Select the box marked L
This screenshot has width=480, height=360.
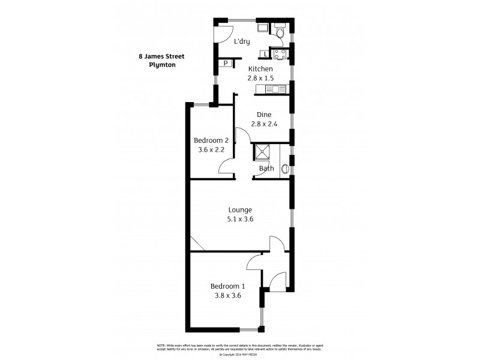[265, 55]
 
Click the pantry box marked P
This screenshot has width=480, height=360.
[225, 63]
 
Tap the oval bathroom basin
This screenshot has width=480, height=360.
[285, 169]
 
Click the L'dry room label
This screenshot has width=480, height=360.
[242, 41]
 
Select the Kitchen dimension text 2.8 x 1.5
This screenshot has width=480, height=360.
[260, 78]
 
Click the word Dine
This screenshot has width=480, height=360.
[264, 115]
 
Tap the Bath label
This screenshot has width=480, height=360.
[266, 169]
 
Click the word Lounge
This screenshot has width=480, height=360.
[240, 209]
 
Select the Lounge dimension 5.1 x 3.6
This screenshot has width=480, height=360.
[240, 219]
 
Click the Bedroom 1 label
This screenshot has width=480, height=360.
[226, 286]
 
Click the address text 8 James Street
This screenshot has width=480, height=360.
[162, 56]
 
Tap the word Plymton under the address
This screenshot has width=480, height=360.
[162, 65]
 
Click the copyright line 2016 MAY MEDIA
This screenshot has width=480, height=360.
[240, 355]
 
